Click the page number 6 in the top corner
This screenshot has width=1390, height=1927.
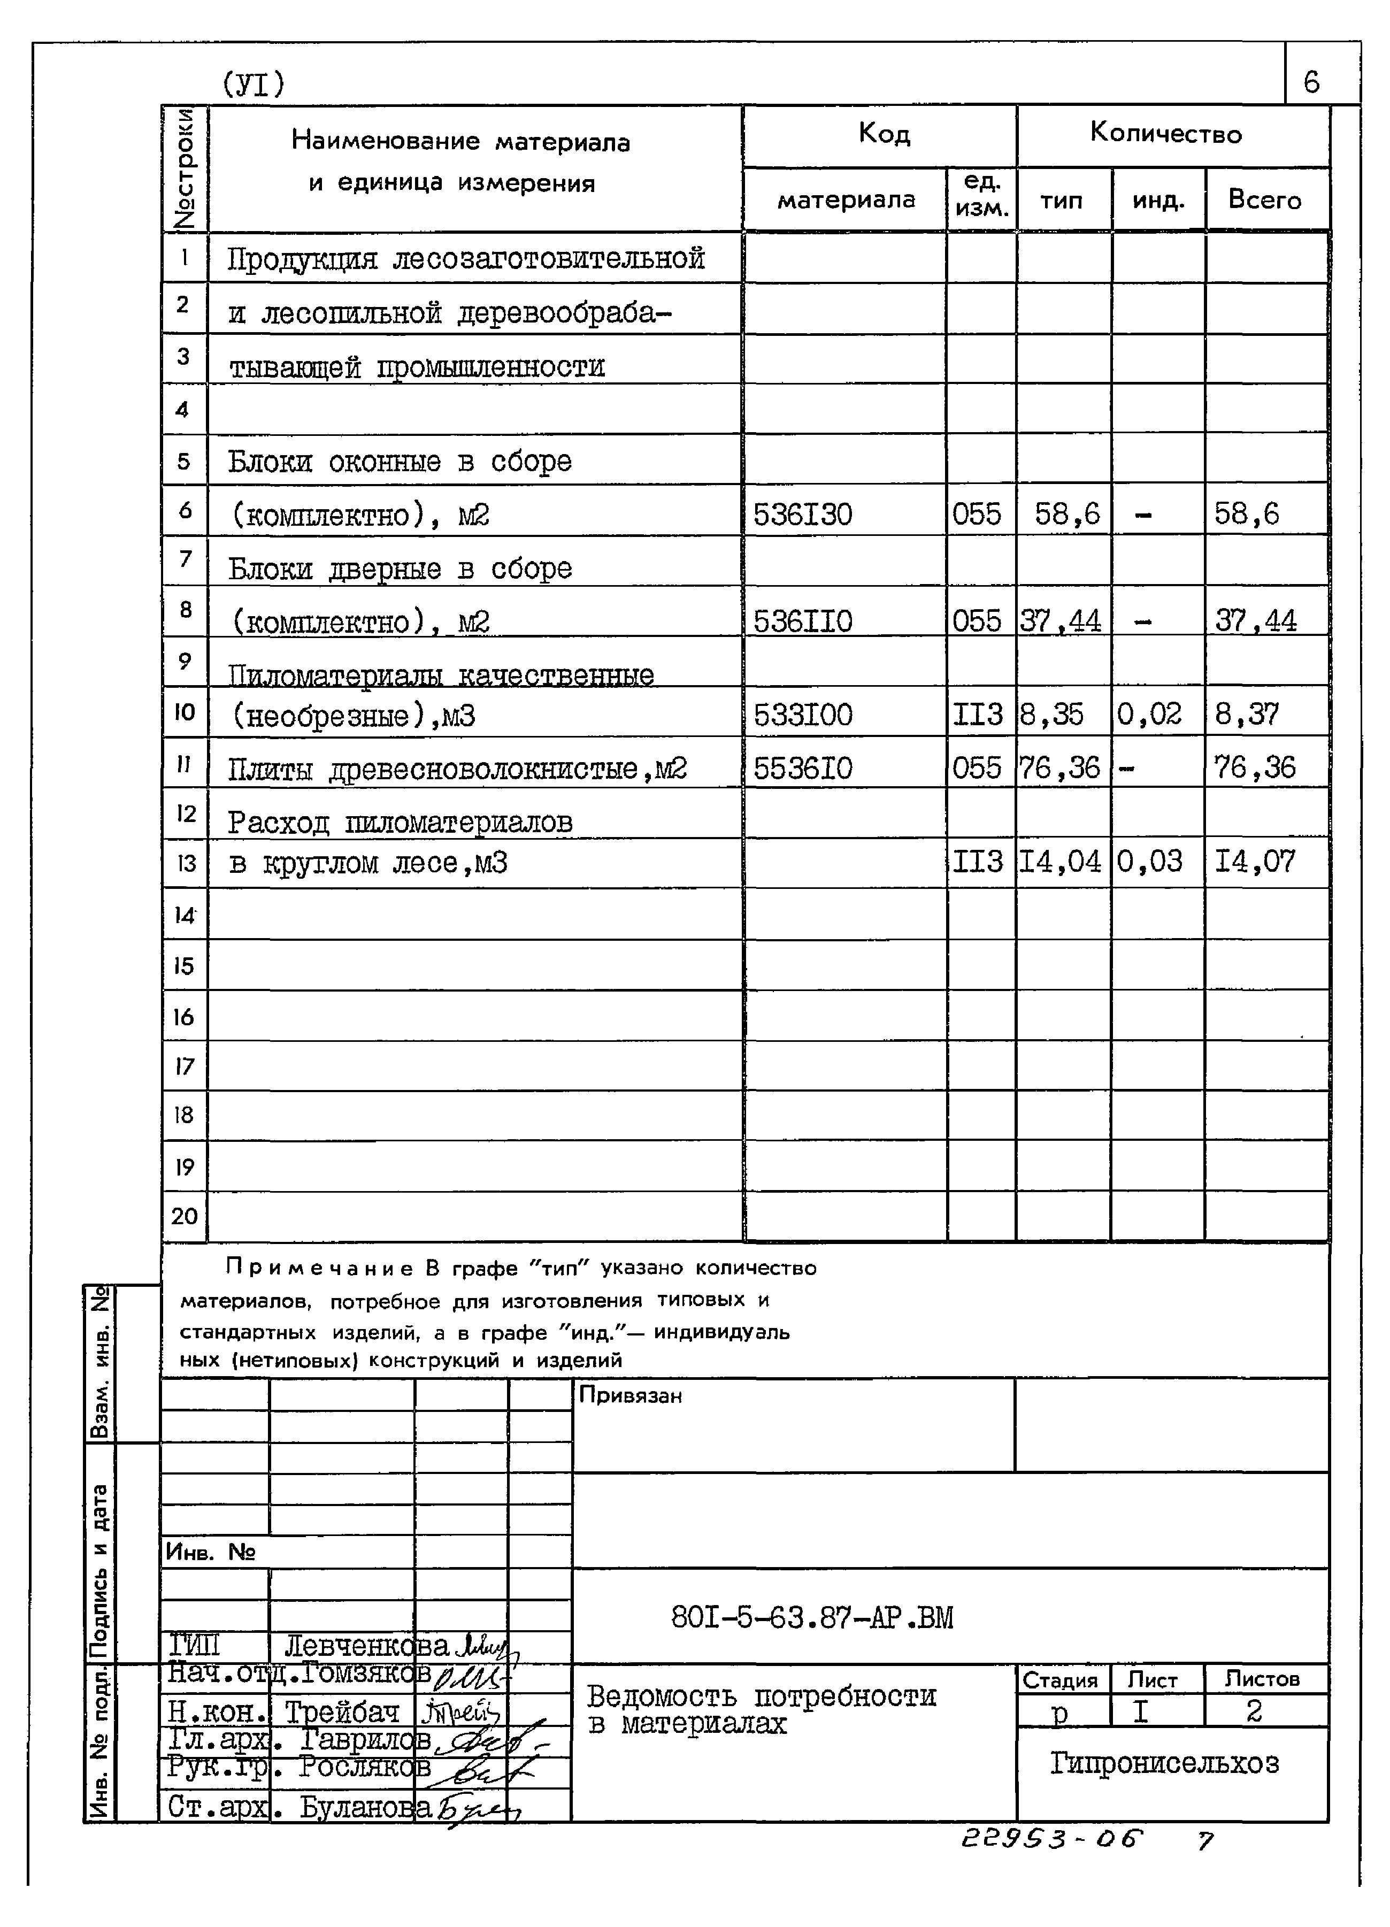1311,82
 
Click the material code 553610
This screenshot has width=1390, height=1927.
802,768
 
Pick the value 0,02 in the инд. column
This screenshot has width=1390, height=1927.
1149,713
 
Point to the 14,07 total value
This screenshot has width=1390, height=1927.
1255,862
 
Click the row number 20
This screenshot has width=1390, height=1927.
185,1216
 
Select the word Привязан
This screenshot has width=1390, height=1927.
629,1396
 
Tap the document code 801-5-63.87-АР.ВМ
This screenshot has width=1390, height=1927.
811,1617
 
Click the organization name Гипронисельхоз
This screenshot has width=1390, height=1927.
1164,1764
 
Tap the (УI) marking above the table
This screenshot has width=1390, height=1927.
253,83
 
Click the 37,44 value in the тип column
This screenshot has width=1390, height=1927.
1061,621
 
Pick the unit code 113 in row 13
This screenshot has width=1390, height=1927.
977,862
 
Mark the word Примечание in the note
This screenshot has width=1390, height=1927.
319,1269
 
